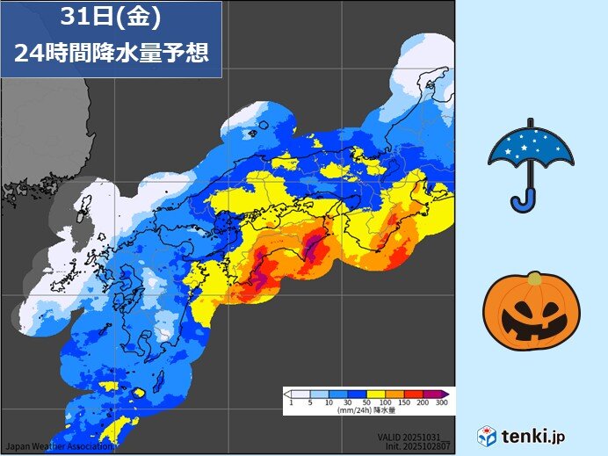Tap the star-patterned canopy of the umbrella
(531, 145)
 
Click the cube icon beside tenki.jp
(487, 436)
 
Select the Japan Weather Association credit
(57, 445)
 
